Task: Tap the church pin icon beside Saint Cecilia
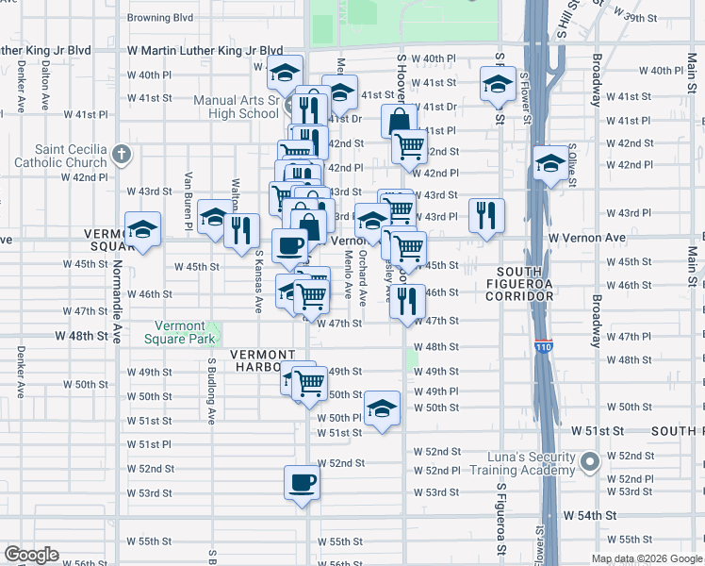point(122,154)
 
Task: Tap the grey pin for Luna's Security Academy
point(590,462)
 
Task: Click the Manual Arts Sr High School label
point(236,107)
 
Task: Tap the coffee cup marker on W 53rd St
point(302,482)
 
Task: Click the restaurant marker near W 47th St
point(407,301)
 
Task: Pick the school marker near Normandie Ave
point(142,228)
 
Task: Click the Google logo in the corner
point(31,556)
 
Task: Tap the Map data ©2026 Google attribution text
point(648,558)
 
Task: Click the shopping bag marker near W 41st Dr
point(399,121)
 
